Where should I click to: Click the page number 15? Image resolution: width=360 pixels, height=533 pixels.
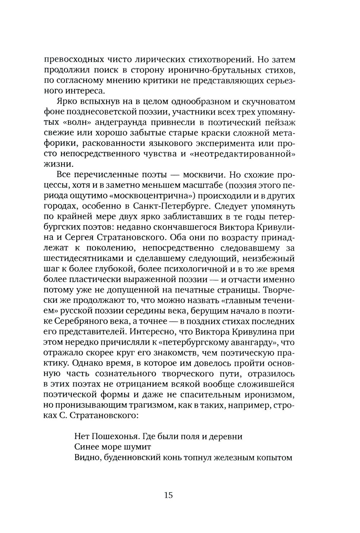(x=168, y=495)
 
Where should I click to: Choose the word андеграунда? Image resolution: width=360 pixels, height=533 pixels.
(x=112, y=123)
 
